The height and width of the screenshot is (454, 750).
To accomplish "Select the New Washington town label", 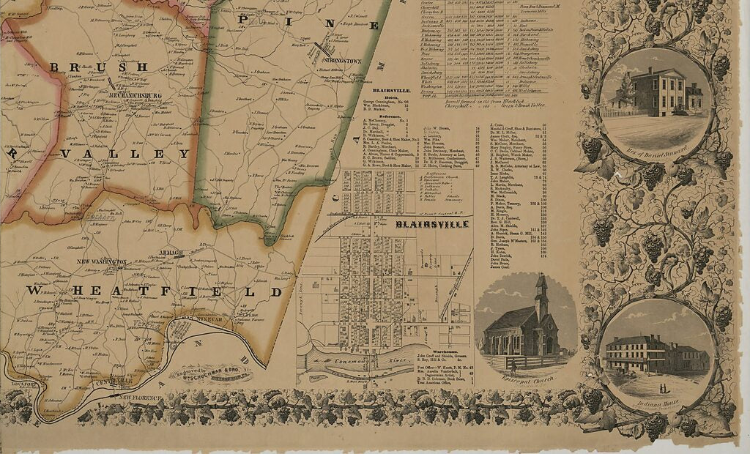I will click(x=103, y=261).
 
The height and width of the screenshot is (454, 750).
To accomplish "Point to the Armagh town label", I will click(x=171, y=252).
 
